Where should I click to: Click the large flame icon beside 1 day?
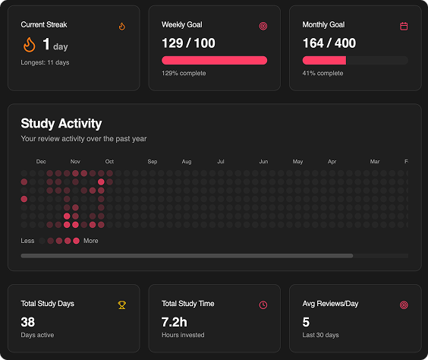29,45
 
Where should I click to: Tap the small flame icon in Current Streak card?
121,26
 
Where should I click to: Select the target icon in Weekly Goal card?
263,26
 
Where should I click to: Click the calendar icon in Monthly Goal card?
404,26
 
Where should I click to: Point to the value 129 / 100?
188,43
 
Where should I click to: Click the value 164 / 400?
329,43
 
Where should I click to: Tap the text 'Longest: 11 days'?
45,62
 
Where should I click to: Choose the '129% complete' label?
184,74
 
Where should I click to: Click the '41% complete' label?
323,74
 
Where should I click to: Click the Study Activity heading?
61,124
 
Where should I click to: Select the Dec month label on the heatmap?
41,162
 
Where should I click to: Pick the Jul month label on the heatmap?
220,162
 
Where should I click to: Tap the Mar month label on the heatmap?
375,162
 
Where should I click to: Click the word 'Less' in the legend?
28,241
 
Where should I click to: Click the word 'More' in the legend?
91,241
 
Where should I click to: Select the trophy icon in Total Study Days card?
121,305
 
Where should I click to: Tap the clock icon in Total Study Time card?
263,305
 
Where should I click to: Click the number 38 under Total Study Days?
28,322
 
